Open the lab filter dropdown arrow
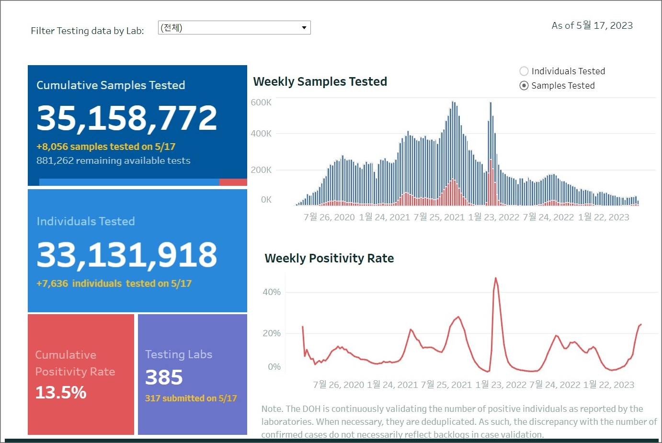[x=304, y=28]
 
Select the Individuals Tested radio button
[x=524, y=71]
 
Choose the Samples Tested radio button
[x=524, y=86]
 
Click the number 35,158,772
[x=127, y=118]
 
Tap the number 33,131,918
[x=127, y=254]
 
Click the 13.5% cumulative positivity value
[x=61, y=393]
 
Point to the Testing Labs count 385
[x=164, y=377]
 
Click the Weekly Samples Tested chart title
[x=320, y=81]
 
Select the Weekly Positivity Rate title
[x=329, y=258]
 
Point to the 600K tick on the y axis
[x=261, y=102]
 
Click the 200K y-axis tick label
[x=261, y=170]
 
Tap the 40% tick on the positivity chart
[x=272, y=292]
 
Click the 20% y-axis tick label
[x=272, y=333]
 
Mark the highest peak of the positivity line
[x=495, y=278]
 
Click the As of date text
[x=592, y=25]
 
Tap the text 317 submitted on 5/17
[x=191, y=398]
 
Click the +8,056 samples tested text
[x=106, y=147]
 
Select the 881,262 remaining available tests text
[x=114, y=160]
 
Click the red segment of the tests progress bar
[x=233, y=182]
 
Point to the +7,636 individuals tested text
[x=114, y=284]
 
